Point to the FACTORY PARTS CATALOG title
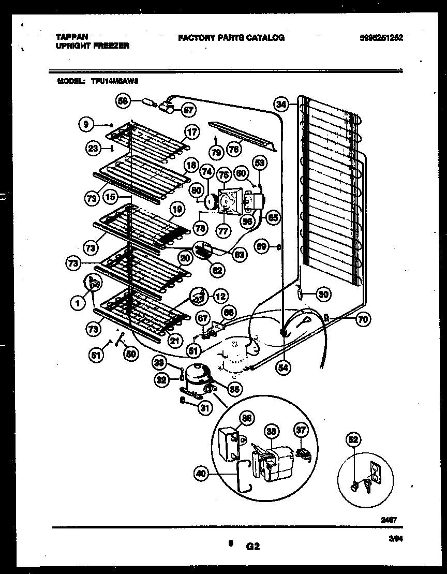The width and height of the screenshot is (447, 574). (x=231, y=38)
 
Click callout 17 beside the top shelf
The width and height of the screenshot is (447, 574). (x=191, y=132)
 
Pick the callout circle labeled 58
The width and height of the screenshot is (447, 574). (x=123, y=101)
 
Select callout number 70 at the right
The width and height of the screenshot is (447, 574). (x=363, y=319)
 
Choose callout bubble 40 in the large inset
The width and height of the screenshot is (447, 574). (x=201, y=473)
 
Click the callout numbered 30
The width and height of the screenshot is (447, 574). (x=323, y=295)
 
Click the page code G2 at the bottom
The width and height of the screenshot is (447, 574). (x=252, y=546)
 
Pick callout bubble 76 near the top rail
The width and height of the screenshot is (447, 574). (x=234, y=149)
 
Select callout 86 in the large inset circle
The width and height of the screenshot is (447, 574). (x=247, y=419)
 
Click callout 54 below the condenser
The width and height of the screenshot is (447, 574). (x=284, y=367)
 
